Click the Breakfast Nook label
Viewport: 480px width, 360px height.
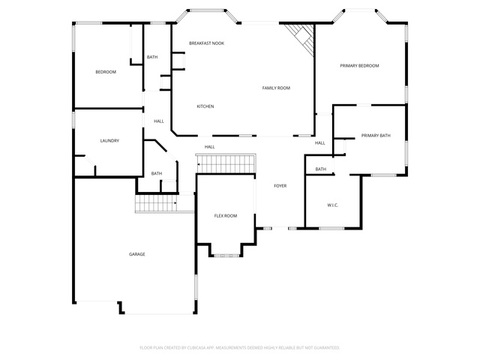(x=207, y=43)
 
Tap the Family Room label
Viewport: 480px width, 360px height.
(x=276, y=88)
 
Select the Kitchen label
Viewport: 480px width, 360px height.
(x=205, y=106)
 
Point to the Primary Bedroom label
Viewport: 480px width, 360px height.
(x=359, y=65)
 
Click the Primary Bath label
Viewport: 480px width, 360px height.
(x=376, y=135)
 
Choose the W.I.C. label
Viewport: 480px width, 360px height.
(x=333, y=205)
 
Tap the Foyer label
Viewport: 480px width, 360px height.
(x=280, y=186)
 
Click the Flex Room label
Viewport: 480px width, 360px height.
(x=226, y=216)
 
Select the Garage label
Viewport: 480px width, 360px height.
(x=136, y=254)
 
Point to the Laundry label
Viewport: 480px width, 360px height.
(x=109, y=141)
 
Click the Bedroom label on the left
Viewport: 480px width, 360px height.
(x=106, y=72)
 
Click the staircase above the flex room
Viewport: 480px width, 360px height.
(x=226, y=163)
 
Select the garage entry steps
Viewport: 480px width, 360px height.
(x=156, y=203)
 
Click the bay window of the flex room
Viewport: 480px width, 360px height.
(x=226, y=255)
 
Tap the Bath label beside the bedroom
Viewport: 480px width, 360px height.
(x=152, y=57)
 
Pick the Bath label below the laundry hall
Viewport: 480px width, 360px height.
(x=157, y=173)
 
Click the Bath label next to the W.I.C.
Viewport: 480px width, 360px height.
(x=321, y=169)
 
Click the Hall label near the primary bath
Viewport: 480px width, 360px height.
(x=320, y=143)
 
